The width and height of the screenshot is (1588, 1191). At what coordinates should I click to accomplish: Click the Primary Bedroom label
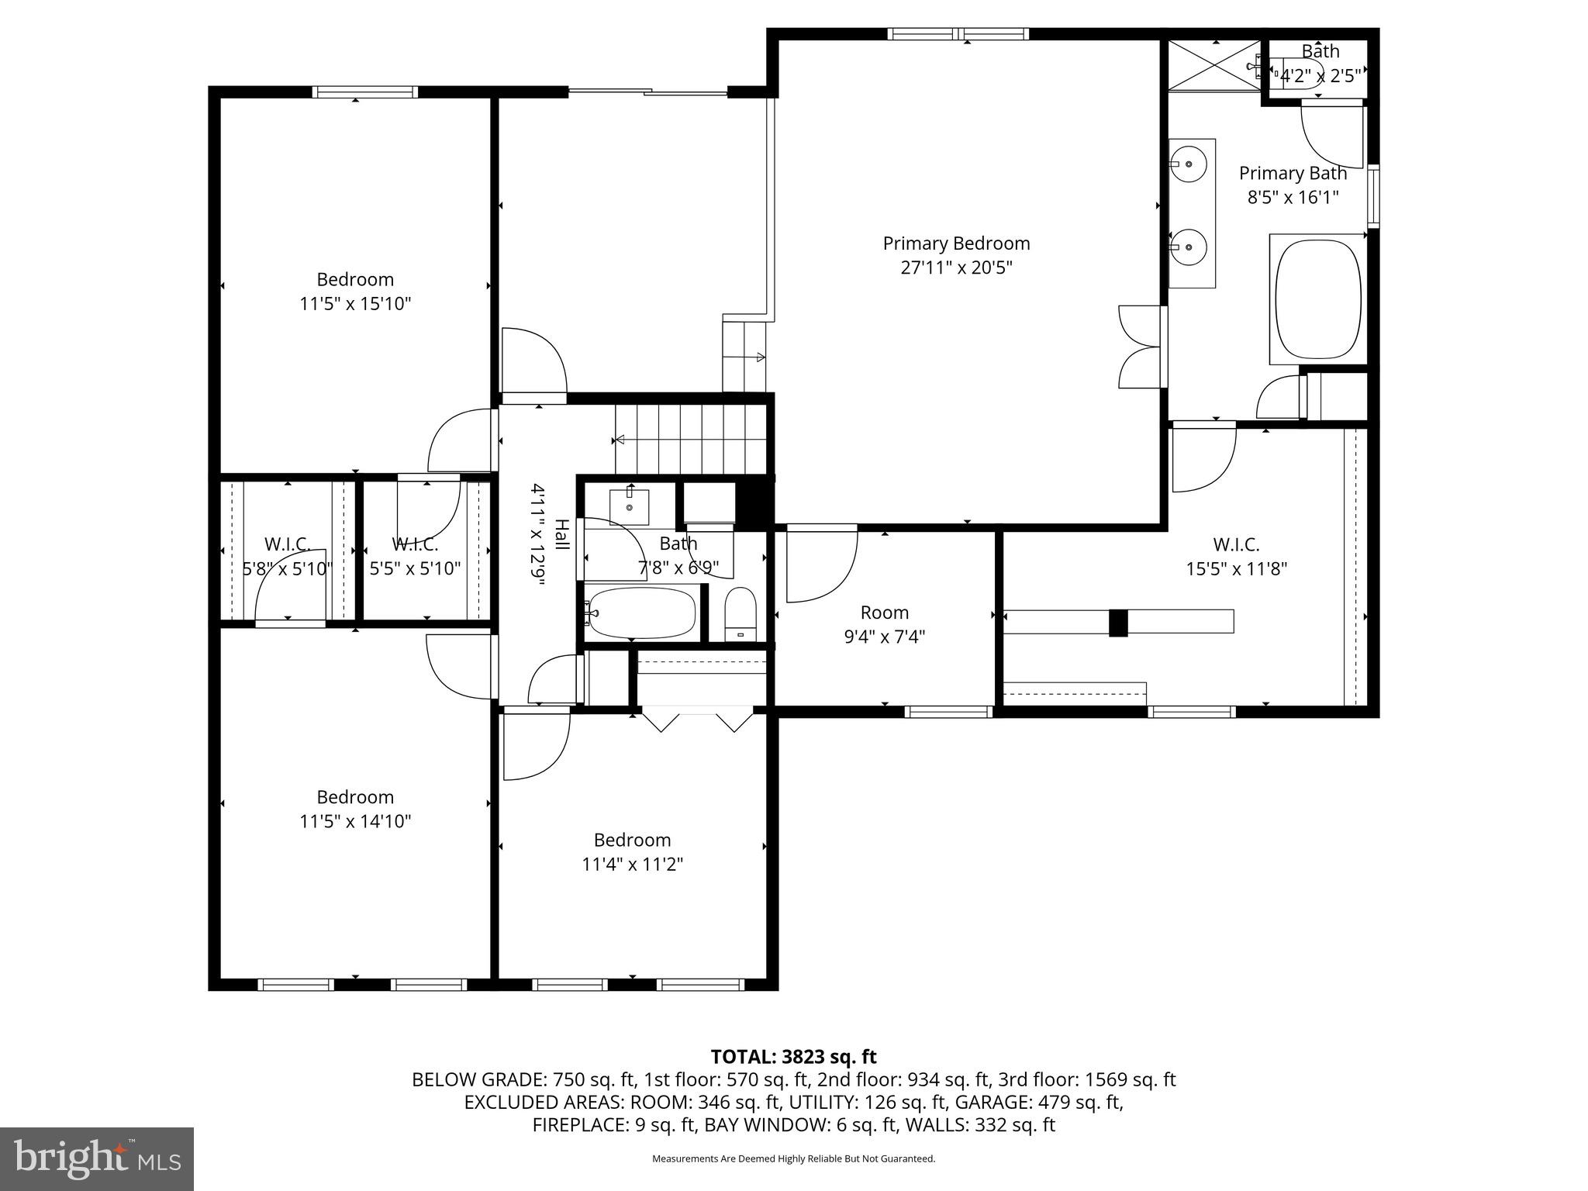956,243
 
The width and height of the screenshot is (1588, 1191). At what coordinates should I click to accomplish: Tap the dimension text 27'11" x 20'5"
956,268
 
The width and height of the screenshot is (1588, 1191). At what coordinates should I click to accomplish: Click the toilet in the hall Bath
740,613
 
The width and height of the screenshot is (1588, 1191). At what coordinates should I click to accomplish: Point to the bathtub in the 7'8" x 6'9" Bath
642,613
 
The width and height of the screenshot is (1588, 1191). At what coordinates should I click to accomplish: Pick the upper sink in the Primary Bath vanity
1188,164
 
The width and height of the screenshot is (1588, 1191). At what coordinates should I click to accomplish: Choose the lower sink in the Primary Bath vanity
1188,247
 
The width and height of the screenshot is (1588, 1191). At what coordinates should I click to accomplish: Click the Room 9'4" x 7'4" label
884,613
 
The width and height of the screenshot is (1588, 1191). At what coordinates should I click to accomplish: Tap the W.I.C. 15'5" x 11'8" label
1236,545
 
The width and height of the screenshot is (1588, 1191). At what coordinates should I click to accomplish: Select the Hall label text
561,535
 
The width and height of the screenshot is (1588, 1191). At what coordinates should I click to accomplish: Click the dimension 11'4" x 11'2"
632,864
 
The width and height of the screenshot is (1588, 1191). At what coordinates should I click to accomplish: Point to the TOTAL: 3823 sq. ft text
793,1057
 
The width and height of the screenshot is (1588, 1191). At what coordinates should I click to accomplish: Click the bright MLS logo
96,1158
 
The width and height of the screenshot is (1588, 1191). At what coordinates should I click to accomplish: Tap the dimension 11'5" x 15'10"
355,303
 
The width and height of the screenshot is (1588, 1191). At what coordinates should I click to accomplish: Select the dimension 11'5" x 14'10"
355,821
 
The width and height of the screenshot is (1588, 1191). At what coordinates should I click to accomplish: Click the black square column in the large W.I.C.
1117,623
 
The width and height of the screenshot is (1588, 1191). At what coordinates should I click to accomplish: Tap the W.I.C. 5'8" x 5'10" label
288,544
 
